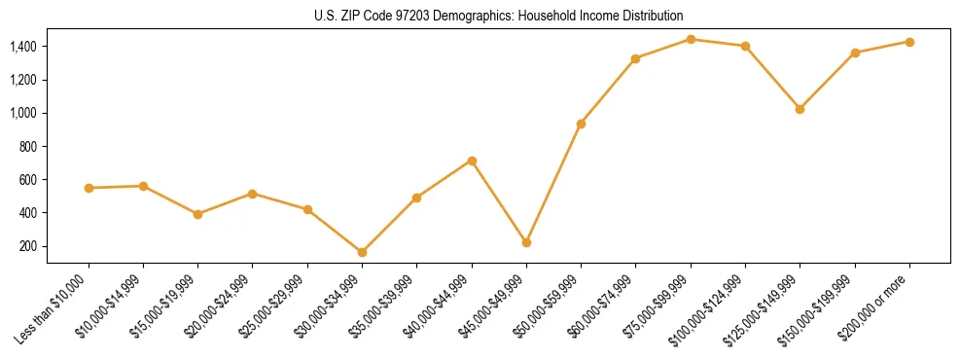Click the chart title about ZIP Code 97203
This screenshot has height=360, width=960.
pyautogui.click(x=499, y=16)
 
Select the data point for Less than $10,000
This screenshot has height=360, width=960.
pyautogui.click(x=89, y=188)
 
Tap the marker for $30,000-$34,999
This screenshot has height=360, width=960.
pyautogui.click(x=362, y=252)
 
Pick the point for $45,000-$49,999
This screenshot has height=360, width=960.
pyautogui.click(x=526, y=242)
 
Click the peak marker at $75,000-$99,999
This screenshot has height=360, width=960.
pyautogui.click(x=691, y=39)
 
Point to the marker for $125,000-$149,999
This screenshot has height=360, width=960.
pyautogui.click(x=800, y=109)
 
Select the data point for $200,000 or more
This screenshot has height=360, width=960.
pyautogui.click(x=909, y=42)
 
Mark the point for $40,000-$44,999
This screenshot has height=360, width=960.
pyautogui.click(x=472, y=161)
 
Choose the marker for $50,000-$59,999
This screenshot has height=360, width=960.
pyautogui.click(x=581, y=124)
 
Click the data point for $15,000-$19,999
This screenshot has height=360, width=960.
pyautogui.click(x=197, y=214)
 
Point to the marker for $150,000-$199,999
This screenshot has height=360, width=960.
pyautogui.click(x=855, y=53)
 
